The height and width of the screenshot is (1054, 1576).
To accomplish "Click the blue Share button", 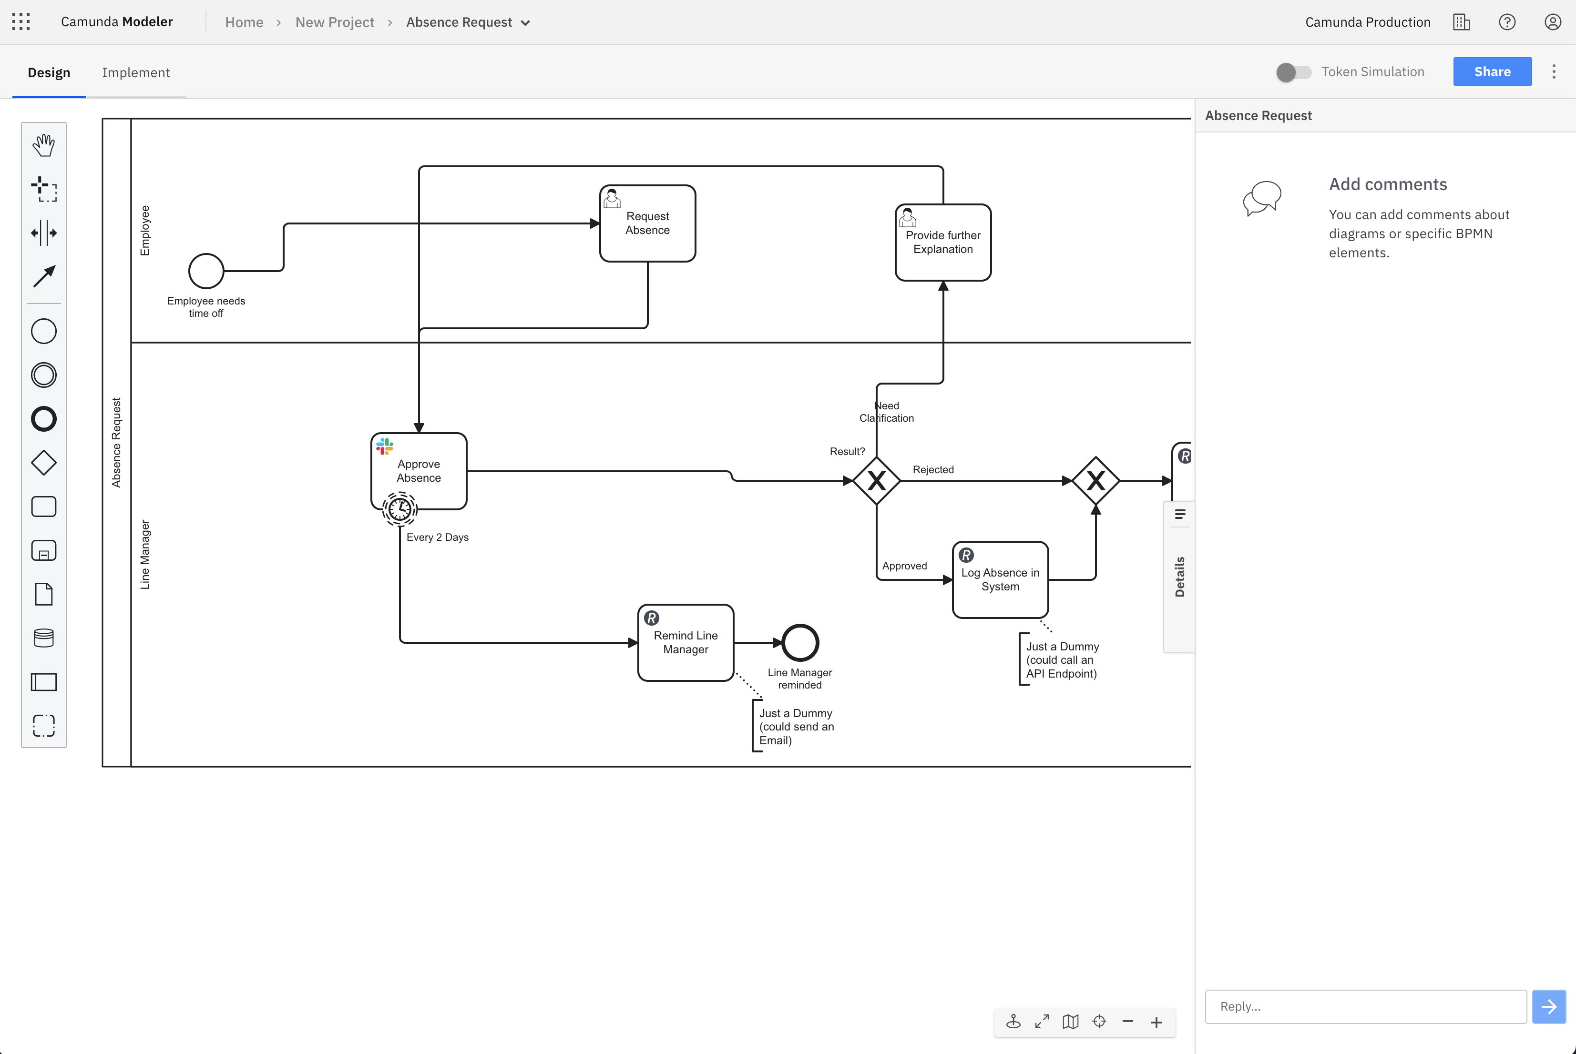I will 1492,72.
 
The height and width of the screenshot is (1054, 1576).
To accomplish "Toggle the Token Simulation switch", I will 1293,72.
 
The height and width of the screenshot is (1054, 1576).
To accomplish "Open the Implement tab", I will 136,72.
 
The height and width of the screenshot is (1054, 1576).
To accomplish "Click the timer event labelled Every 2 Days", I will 400,509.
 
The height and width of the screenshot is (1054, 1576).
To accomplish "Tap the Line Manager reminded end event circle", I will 800,643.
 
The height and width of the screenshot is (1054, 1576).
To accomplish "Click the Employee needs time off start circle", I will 206,271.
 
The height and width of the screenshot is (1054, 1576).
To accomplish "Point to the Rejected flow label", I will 932,469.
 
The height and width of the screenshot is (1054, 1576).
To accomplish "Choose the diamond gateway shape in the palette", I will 44,463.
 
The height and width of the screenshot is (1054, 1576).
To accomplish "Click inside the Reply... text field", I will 1365,1006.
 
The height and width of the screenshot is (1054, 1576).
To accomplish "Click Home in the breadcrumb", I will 244,22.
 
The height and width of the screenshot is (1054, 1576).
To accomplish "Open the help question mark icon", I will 1507,22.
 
